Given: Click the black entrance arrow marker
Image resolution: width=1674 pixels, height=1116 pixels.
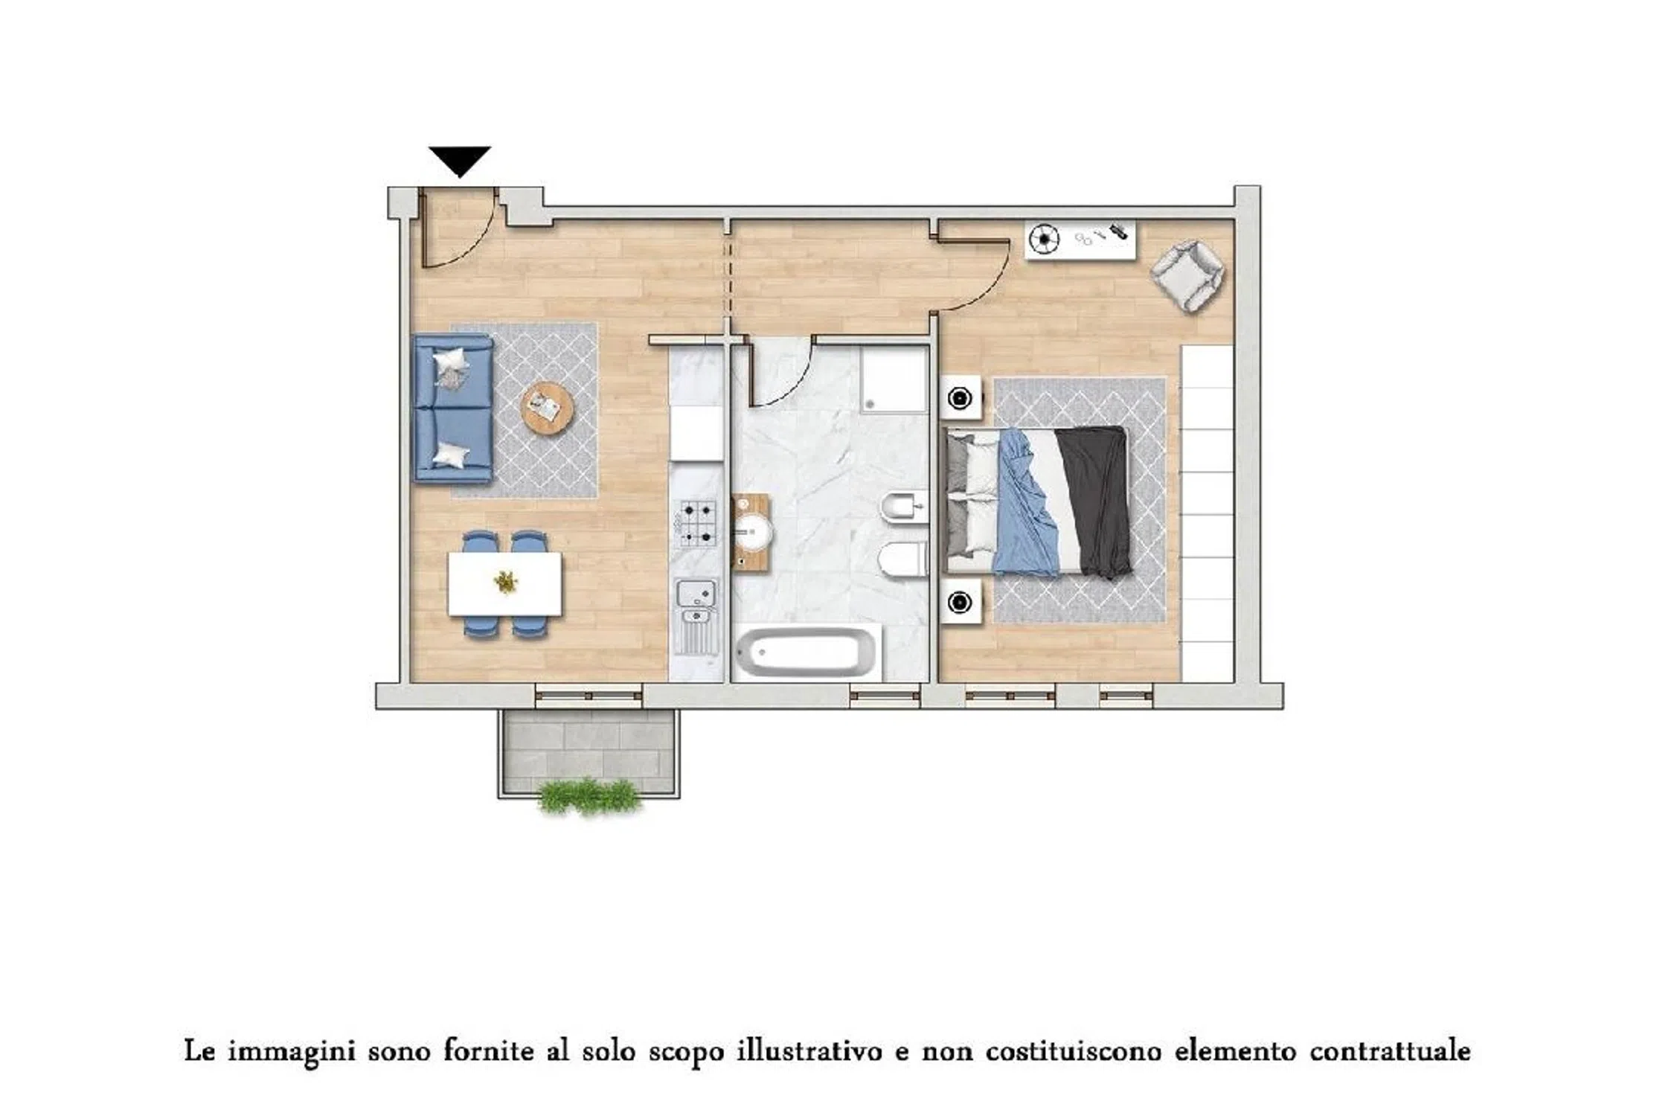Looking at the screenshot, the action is (460, 160).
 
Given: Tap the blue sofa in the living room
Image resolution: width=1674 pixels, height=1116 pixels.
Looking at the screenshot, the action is (453, 408).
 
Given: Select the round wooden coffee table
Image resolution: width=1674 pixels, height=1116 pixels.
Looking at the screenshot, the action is (548, 408).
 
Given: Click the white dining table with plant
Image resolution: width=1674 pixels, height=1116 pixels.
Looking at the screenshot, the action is (504, 584).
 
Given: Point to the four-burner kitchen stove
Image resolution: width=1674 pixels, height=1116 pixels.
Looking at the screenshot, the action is (697, 523).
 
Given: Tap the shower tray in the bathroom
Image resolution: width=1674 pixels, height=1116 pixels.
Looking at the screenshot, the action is (894, 378).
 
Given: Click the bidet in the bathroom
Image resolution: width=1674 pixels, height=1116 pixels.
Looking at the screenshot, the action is (903, 509).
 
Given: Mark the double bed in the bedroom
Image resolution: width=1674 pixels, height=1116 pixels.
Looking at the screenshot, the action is (1038, 501).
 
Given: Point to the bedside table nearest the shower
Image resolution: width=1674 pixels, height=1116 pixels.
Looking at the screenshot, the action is (961, 398).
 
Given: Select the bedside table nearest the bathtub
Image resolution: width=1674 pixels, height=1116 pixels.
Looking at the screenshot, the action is (961, 602).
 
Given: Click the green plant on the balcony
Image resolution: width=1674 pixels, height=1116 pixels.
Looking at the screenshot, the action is (590, 797).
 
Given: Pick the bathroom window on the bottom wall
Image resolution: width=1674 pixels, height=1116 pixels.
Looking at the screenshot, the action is (885, 696).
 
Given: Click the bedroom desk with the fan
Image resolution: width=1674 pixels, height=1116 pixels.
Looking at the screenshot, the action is (1080, 239).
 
